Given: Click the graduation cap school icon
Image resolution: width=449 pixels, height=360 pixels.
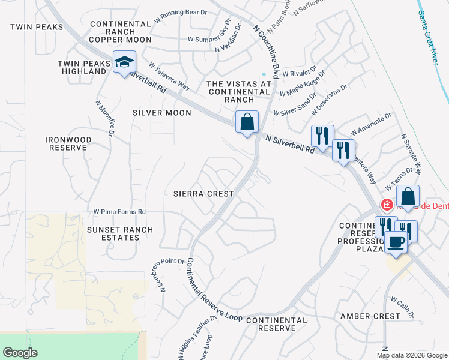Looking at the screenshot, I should pos(125,62).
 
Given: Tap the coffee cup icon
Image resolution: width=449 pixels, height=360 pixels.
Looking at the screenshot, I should pos(395,242).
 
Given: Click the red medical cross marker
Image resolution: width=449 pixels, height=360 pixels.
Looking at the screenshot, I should pos(387,205).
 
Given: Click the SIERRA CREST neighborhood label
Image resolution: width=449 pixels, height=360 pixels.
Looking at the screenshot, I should pos(203,194).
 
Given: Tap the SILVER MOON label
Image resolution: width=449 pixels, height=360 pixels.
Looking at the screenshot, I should pos(162,113).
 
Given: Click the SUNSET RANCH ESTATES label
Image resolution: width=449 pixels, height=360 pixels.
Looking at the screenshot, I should pos(121,233).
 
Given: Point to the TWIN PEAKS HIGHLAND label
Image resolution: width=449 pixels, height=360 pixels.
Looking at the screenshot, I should pos(82,67).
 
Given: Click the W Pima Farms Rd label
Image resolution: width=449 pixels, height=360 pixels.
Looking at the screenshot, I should pos(119,212).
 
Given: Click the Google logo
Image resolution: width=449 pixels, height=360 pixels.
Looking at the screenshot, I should pos(20,352).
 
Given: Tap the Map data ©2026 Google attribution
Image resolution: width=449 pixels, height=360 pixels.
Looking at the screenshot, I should pos(411,355).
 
